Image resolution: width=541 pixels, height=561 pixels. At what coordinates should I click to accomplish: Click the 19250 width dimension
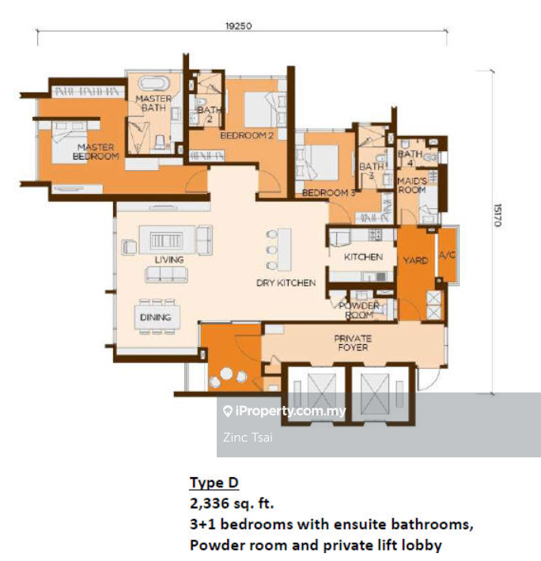(x=239, y=26)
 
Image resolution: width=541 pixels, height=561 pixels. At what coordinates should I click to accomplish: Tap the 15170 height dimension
(x=497, y=215)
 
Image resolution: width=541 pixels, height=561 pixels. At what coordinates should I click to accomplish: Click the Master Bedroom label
(x=96, y=152)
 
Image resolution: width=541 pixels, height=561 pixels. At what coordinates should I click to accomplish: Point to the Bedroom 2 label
(x=247, y=135)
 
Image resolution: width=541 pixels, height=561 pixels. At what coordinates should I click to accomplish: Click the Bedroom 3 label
(x=328, y=193)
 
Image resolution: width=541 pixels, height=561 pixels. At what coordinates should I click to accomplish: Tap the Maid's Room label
(x=412, y=185)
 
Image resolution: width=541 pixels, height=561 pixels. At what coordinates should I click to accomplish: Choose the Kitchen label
(x=363, y=257)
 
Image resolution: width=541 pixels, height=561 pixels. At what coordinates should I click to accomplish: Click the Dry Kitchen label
(x=286, y=282)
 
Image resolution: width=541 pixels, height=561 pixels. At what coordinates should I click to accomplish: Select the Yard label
(x=415, y=260)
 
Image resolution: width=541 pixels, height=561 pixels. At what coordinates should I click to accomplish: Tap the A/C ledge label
(x=448, y=255)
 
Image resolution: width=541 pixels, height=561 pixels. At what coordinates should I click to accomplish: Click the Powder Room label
(x=359, y=310)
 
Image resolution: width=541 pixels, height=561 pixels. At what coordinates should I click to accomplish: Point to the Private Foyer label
(x=353, y=343)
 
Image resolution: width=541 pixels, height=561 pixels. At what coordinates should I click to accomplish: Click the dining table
(x=157, y=317)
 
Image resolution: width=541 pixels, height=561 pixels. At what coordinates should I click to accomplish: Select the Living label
(x=169, y=260)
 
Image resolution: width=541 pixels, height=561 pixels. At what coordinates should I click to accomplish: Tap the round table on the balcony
(x=226, y=373)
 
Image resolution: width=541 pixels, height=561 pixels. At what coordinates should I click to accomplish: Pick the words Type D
(x=214, y=483)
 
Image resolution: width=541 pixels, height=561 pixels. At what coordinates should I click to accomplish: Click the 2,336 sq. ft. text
(x=232, y=503)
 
